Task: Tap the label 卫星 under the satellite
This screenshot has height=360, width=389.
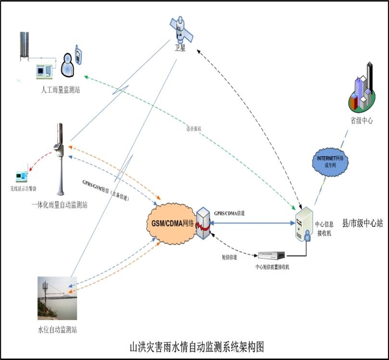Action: pyautogui.click(x=180, y=49)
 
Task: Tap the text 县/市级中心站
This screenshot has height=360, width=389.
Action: pyautogui.click(x=362, y=223)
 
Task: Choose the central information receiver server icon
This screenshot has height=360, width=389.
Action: pyautogui.click(x=304, y=223)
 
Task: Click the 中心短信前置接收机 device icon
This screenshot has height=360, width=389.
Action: pyautogui.click(x=272, y=255)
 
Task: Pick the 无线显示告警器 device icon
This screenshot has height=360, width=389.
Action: pyautogui.click(x=22, y=176)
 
